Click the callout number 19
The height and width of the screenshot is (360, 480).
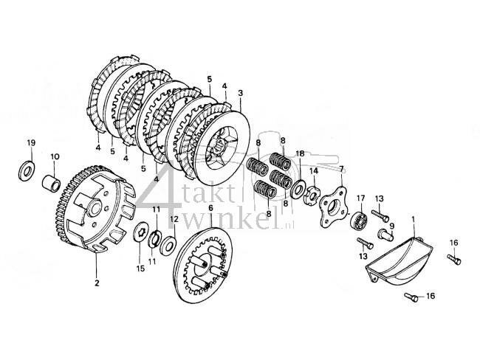[x=31, y=142]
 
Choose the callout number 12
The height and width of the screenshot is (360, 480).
[x=174, y=218]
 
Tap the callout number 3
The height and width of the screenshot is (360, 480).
[x=241, y=94]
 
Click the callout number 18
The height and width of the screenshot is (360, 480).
[x=300, y=153]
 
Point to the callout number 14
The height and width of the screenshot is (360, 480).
[x=313, y=171]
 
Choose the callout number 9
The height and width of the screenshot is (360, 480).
[x=392, y=226]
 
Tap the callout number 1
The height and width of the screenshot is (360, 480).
[x=414, y=220]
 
